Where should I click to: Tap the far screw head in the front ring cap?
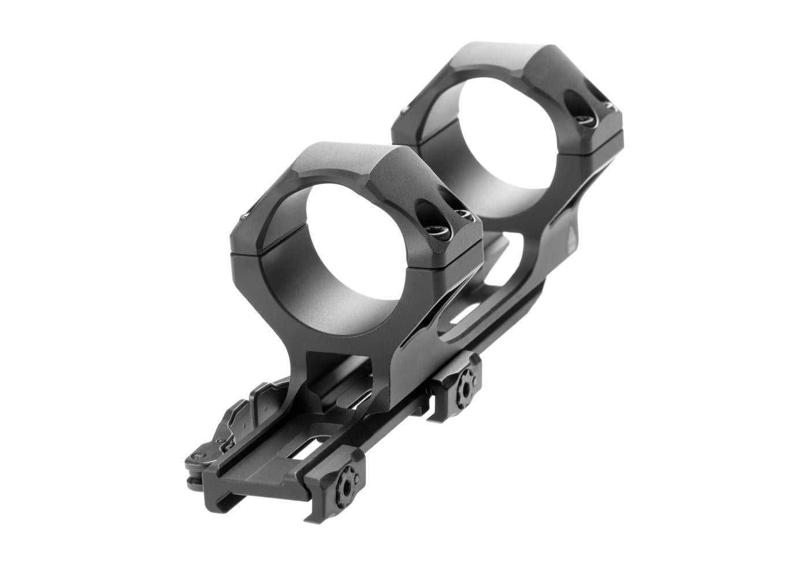tap(463, 215)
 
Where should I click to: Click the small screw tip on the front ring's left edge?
tap(243, 218)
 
